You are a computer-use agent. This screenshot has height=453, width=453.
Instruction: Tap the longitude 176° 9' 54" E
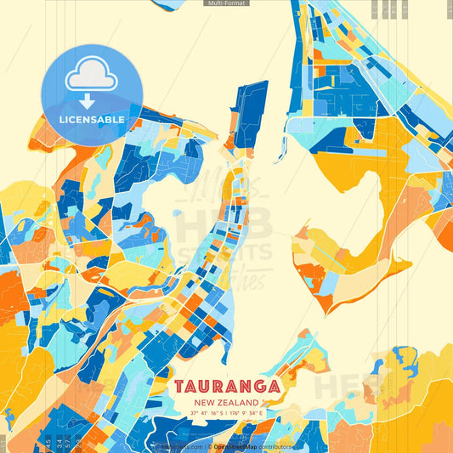[247, 413]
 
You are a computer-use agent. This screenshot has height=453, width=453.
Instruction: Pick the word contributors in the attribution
[276, 445]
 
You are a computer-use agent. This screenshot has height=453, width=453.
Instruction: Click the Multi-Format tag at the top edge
[225, 3]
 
